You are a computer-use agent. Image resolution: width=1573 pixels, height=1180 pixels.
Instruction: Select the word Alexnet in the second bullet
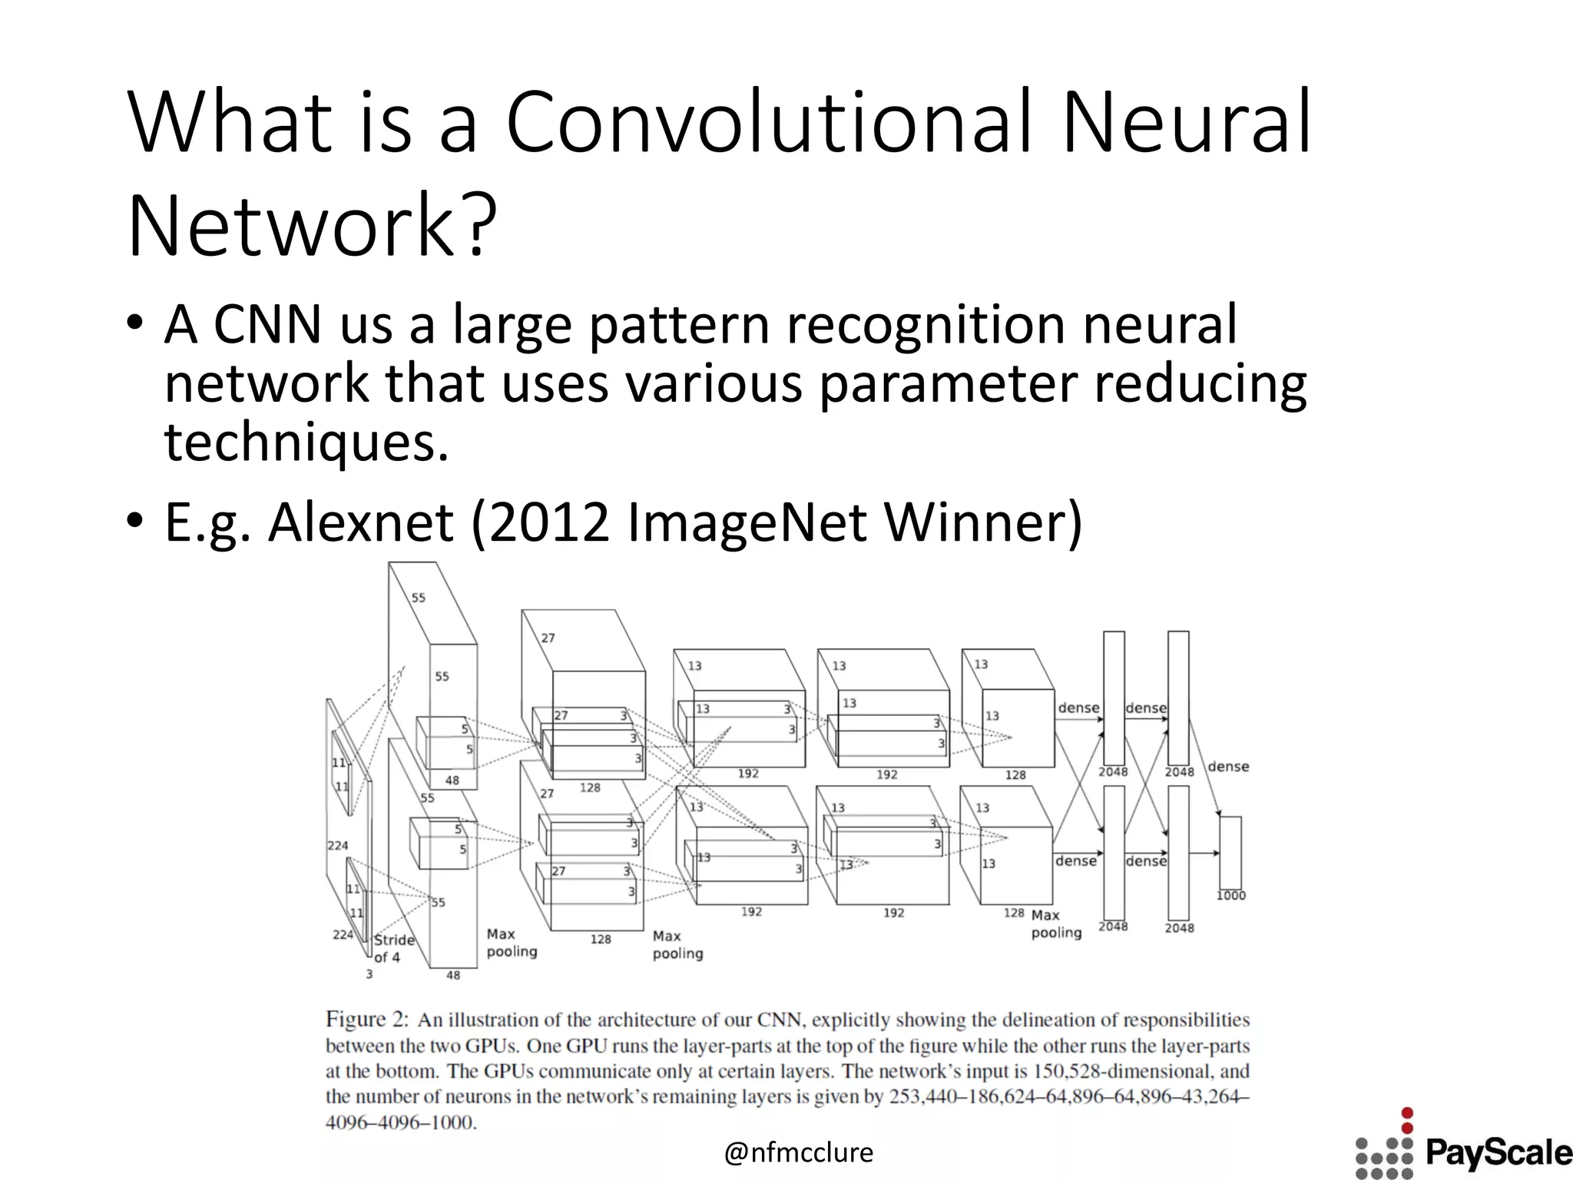point(361,523)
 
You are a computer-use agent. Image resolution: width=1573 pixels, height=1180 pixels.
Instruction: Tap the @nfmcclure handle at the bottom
point(799,1152)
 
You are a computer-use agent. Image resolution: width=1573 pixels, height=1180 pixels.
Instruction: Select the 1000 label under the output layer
point(1230,896)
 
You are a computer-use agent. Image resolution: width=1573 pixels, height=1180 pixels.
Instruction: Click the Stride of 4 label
point(394,948)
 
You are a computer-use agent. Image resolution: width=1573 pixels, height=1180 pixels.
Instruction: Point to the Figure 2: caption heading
point(366,1019)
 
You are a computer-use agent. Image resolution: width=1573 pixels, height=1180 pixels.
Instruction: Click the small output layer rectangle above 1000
point(1230,853)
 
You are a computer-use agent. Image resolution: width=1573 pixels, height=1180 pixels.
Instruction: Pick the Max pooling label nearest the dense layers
point(1056,924)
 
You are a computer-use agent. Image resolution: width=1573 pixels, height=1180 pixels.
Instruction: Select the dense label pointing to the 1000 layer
point(1228,767)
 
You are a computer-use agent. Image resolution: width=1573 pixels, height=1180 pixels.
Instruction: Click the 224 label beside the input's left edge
point(338,846)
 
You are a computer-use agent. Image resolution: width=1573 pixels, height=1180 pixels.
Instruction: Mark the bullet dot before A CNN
point(135,323)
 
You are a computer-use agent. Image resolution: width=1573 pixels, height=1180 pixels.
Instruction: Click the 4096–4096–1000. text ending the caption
point(401,1122)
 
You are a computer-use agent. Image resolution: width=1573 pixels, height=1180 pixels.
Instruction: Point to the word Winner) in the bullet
point(983,523)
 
